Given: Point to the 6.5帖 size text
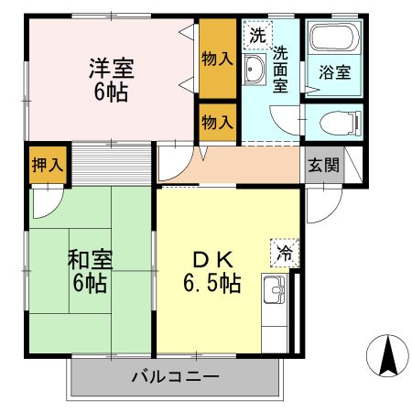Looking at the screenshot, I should click(211, 283).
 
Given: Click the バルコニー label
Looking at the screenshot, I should click(174, 376).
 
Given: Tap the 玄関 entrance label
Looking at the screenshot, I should click(323, 165).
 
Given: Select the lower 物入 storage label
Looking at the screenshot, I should click(217, 121).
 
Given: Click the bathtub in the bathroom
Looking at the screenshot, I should click(333, 39).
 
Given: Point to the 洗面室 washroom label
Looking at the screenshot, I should click(281, 70).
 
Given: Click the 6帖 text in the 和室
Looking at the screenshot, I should click(89, 284).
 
